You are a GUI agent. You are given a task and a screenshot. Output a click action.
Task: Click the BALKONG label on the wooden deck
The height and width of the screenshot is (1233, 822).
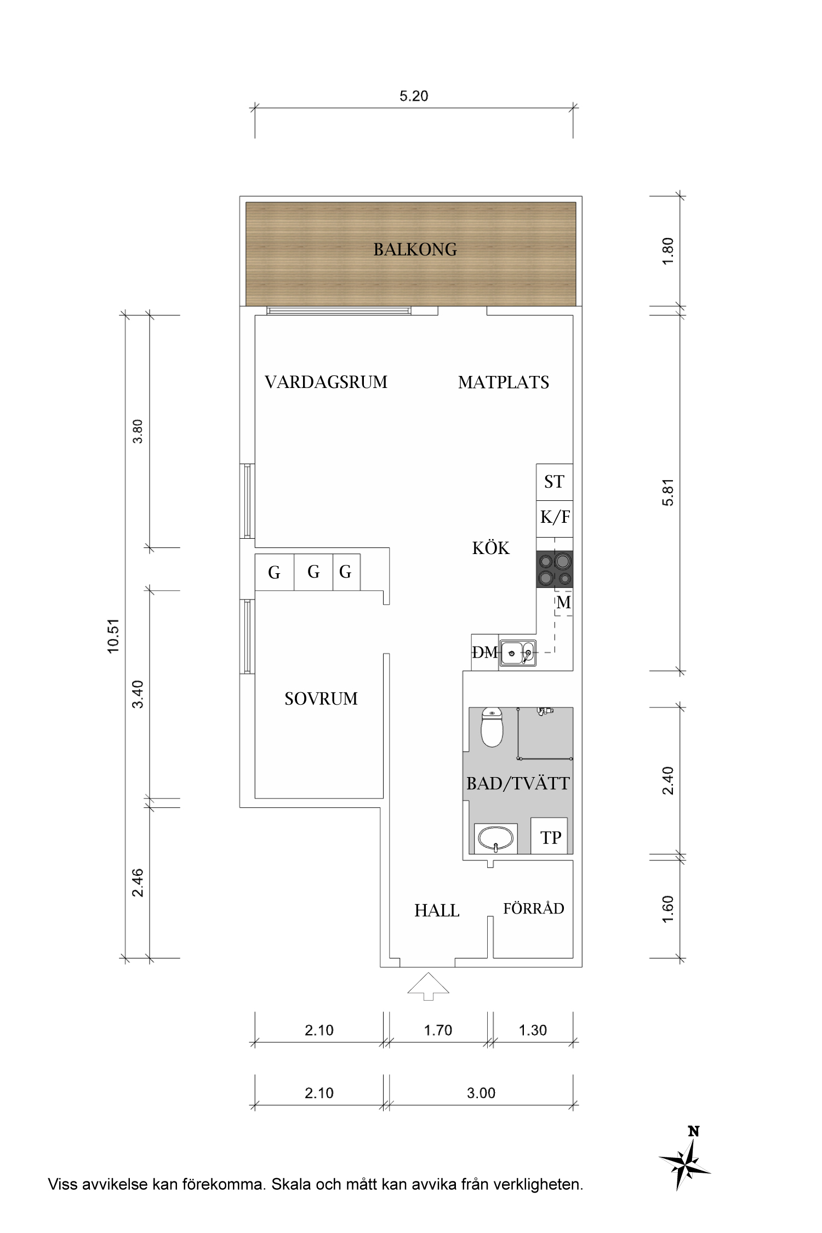pyautogui.click(x=415, y=250)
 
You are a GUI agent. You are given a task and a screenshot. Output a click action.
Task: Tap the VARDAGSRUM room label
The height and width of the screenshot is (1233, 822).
pyautogui.click(x=326, y=382)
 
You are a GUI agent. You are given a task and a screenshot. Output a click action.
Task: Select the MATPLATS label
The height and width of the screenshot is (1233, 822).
pyautogui.click(x=503, y=383)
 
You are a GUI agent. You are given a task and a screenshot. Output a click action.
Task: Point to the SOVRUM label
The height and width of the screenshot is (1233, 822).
pyautogui.click(x=321, y=699)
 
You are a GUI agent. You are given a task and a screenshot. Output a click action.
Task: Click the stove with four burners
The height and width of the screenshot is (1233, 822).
pyautogui.click(x=555, y=569)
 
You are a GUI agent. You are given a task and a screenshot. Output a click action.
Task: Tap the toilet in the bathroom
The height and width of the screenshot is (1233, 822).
pyautogui.click(x=492, y=727)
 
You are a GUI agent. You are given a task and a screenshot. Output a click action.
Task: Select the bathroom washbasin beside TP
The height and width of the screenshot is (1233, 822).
pyautogui.click(x=495, y=838)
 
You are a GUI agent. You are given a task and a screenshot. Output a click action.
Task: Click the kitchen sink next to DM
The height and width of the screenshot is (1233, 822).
pyautogui.click(x=517, y=652)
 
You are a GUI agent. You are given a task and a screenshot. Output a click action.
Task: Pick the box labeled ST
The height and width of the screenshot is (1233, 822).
pyautogui.click(x=554, y=482)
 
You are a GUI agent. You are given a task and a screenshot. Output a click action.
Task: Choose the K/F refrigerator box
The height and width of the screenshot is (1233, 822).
pyautogui.click(x=555, y=517)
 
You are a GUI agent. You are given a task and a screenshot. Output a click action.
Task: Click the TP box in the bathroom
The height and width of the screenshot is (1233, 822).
pyautogui.click(x=550, y=837)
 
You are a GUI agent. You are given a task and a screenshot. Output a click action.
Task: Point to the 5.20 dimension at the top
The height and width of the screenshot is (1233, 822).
pyautogui.click(x=414, y=96)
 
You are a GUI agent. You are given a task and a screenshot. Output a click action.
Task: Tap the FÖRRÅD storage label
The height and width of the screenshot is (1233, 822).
pyautogui.click(x=533, y=909)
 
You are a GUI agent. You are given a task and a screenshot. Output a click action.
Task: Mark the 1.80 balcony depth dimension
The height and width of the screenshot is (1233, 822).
pyautogui.click(x=667, y=252)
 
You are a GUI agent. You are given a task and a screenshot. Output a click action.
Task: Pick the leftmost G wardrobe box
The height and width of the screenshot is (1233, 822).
pyautogui.click(x=274, y=573)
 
